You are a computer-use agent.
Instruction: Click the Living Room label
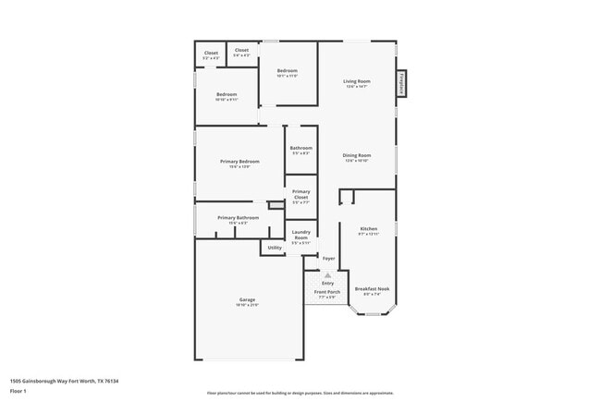pos(356,82)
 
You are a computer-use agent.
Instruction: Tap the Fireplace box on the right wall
pos(402,83)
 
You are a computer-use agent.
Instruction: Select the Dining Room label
pos(357,155)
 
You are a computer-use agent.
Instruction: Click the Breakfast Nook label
pos(372,289)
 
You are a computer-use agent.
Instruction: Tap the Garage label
pos(247,299)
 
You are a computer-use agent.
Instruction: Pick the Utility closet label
pos(275,248)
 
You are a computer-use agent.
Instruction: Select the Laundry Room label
pos(300,235)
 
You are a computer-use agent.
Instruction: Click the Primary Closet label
pos(300,195)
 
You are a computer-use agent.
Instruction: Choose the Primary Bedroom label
pos(239,162)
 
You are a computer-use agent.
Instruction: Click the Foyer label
pos(328,258)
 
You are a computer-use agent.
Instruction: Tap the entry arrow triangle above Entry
pos(327,275)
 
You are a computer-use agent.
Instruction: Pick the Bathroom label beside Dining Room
pos(300,148)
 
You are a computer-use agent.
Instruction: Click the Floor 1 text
pos(19,392)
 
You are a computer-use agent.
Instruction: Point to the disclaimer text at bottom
pos(300,393)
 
